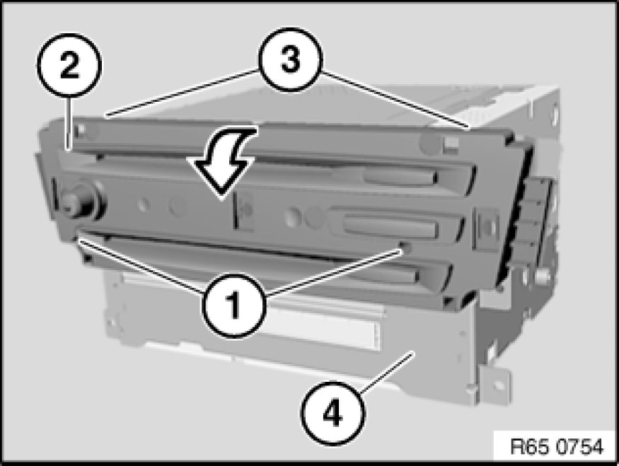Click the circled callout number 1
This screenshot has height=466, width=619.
(233, 304)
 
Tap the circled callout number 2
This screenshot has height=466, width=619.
(69, 65)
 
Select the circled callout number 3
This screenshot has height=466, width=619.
(291, 59)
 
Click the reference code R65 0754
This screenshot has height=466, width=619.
(557, 446)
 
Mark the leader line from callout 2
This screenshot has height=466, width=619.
(70, 124)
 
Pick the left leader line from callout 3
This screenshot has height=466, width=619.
(183, 93)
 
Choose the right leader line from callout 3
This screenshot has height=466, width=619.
(395, 100)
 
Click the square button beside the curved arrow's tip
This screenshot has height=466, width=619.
(245, 210)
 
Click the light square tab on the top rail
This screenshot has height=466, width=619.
(451, 142)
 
